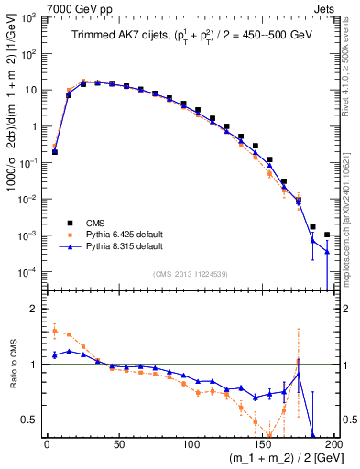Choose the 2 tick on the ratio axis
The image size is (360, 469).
[34, 309]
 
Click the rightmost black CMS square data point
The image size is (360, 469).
[327, 234]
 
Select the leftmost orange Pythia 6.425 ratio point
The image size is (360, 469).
[55, 331]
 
